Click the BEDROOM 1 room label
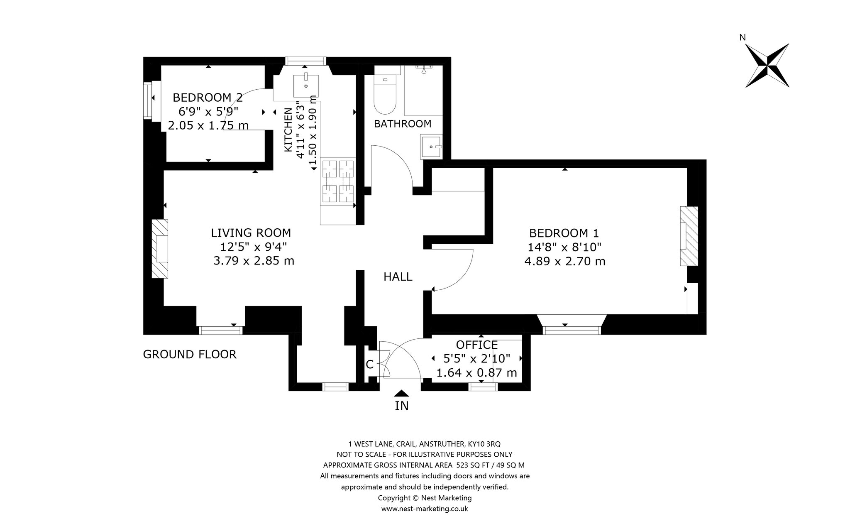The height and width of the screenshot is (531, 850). pyautogui.click(x=564, y=233)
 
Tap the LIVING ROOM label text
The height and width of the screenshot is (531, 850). pyautogui.click(x=251, y=232)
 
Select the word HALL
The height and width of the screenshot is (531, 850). pyautogui.click(x=398, y=277)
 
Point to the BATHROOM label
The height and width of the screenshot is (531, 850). pyautogui.click(x=403, y=124)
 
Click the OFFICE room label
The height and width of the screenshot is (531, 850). pyautogui.click(x=477, y=345)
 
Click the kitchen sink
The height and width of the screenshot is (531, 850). pyautogui.click(x=306, y=86)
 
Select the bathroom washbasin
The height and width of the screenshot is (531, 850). pyautogui.click(x=431, y=147)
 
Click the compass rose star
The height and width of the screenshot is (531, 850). pyautogui.click(x=767, y=66)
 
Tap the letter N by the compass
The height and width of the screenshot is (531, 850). pyautogui.click(x=743, y=37)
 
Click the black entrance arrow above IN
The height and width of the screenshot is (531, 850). pyautogui.click(x=401, y=393)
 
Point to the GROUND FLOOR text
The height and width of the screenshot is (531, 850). pyautogui.click(x=190, y=355)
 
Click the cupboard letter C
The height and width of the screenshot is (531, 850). pyautogui.click(x=369, y=365)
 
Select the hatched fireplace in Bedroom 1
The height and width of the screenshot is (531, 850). pyautogui.click(x=689, y=236)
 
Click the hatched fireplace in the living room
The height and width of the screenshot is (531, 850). pyautogui.click(x=160, y=249)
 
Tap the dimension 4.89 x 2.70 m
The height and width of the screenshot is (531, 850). pyautogui.click(x=565, y=262)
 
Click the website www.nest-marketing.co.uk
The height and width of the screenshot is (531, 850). pyautogui.click(x=425, y=509)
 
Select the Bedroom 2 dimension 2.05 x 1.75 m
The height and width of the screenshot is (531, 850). pyautogui.click(x=208, y=125)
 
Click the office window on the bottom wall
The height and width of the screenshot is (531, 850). pyautogui.click(x=483, y=387)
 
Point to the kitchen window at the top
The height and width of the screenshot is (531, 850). pyautogui.click(x=306, y=61)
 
